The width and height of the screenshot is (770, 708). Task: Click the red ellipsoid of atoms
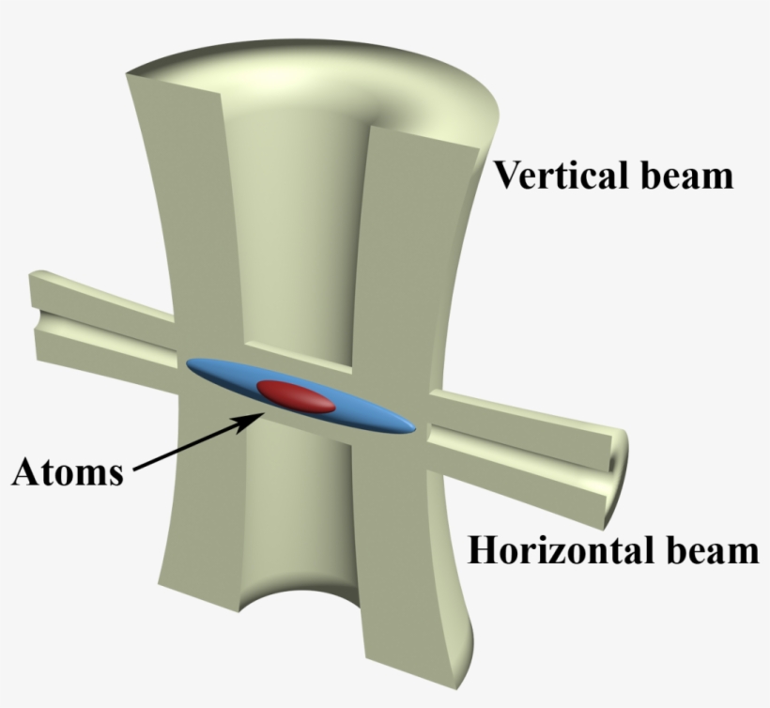coord(296,395)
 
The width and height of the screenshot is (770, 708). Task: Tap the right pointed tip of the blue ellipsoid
coord(415,429)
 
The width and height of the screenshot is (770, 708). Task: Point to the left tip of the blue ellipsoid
coord(187,363)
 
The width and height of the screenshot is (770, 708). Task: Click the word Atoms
coord(68,471)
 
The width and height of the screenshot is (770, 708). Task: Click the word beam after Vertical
coord(687,175)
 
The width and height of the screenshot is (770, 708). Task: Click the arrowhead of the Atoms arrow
coord(251,421)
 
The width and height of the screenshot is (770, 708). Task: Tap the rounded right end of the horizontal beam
coord(619,476)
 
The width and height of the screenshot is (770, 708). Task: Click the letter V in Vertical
coord(506,175)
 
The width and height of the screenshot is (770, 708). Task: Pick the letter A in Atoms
coord(27,471)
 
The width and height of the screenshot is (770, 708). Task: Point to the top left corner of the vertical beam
coord(127,73)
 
